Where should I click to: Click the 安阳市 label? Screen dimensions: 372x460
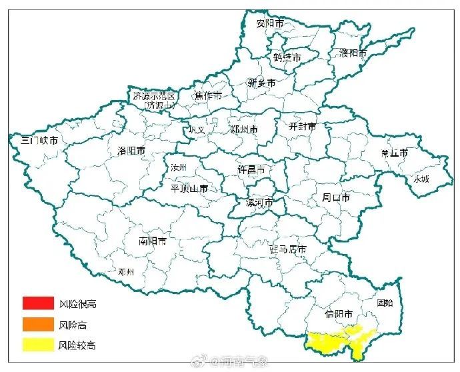[270, 23]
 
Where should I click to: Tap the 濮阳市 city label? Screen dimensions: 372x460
[353, 53]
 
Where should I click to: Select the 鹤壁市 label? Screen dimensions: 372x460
[287, 58]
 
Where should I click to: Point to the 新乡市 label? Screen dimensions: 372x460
[261, 83]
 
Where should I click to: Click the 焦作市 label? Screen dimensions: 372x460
[208, 96]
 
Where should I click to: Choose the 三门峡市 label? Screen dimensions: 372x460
[39, 141]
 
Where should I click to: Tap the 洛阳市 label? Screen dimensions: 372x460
[131, 151]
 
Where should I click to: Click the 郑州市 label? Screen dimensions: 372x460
[243, 129]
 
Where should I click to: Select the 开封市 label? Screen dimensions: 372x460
[302, 126]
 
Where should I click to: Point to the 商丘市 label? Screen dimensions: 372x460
[394, 153]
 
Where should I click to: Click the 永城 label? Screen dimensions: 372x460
[421, 179]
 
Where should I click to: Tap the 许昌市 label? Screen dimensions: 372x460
[251, 170]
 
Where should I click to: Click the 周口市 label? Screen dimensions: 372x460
[336, 197]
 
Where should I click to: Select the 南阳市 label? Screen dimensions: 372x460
[153, 241]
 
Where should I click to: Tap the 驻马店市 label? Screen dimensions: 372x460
[287, 249]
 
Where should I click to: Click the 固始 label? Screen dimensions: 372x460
[385, 302]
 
